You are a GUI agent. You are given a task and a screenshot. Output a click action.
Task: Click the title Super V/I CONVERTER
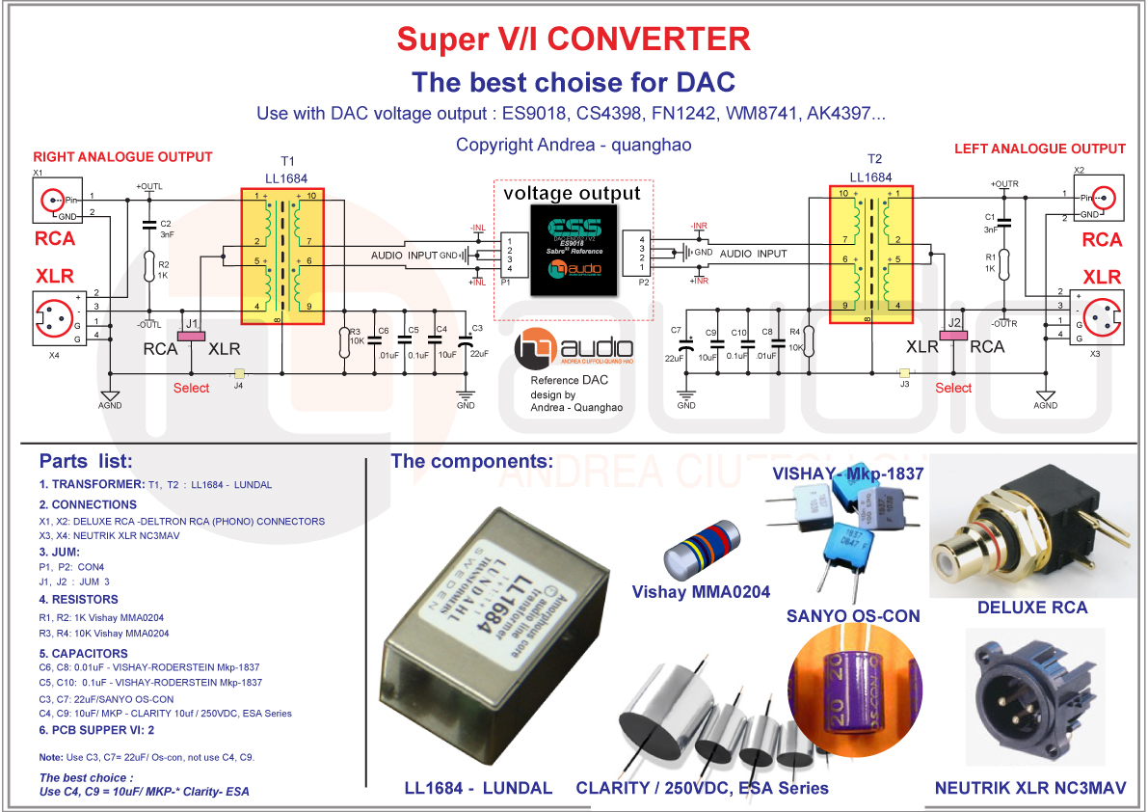click(573, 39)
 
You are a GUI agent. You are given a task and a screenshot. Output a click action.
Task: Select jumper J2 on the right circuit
click(953, 335)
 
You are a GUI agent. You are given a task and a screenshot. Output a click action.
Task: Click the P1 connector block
click(513, 253)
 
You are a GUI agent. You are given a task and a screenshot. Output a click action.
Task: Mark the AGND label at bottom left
click(111, 405)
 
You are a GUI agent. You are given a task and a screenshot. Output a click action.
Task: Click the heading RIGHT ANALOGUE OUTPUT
click(122, 156)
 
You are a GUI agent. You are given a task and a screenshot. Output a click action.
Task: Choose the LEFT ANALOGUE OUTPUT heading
click(1039, 149)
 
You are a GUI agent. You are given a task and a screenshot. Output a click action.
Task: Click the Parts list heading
click(86, 461)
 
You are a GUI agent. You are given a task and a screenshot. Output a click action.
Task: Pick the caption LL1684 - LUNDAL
click(478, 788)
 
